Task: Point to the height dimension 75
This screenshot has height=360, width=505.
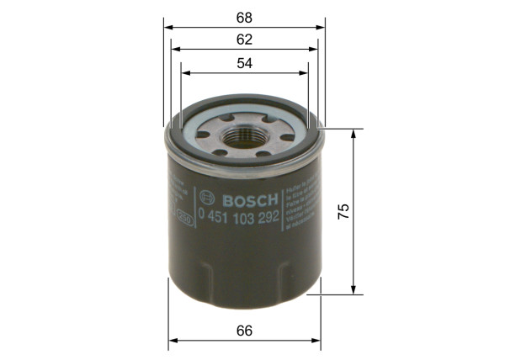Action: (342, 212)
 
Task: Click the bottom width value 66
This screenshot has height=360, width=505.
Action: (245, 331)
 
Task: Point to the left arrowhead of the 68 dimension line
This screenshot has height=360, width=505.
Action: (166, 26)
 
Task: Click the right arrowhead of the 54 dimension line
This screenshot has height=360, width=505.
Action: (305, 73)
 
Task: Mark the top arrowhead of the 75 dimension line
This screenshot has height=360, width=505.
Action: (353, 134)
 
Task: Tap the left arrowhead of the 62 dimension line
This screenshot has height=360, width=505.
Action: (174, 49)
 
